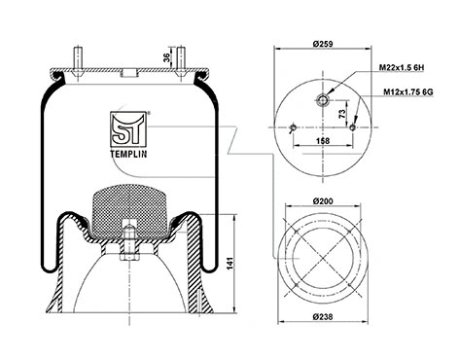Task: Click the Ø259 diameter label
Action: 326,46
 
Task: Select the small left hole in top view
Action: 294,126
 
